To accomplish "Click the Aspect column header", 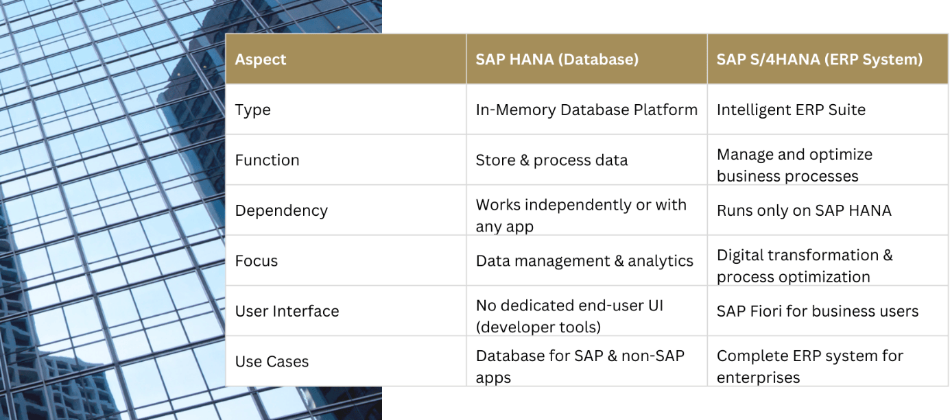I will pyautogui.click(x=261, y=60).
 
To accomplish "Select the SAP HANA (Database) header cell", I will pyautogui.click(x=557, y=60).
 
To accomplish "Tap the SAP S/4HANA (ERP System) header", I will pyautogui.click(x=819, y=60).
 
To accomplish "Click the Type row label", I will pyautogui.click(x=253, y=110).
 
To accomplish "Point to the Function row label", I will pyautogui.click(x=267, y=160).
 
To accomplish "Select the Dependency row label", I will pyautogui.click(x=281, y=210).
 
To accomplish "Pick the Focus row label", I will pyautogui.click(x=257, y=261).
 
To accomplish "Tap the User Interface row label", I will pyautogui.click(x=287, y=311).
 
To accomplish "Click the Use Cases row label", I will pyautogui.click(x=272, y=362).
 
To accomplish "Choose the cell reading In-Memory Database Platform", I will pyautogui.click(x=586, y=110).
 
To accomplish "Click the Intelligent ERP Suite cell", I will pyautogui.click(x=791, y=110).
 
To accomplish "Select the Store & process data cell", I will pyautogui.click(x=551, y=160).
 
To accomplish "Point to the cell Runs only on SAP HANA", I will pyautogui.click(x=804, y=210).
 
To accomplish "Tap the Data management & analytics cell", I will pyautogui.click(x=584, y=261).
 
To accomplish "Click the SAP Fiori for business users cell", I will pyautogui.click(x=818, y=311).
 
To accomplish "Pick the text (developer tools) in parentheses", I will pyautogui.click(x=538, y=328).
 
